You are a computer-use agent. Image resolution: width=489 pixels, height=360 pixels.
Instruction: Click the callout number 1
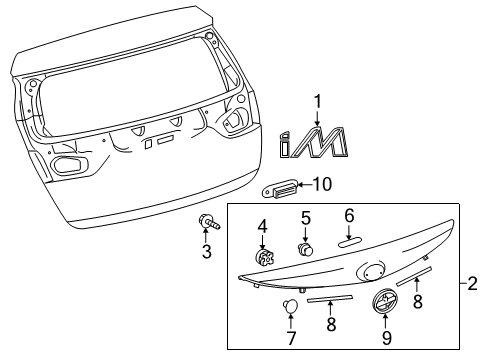pos(318,102)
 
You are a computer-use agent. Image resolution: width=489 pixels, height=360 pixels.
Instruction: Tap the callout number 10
pos(322,184)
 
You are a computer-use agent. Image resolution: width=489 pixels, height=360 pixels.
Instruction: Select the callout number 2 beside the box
pos(473,284)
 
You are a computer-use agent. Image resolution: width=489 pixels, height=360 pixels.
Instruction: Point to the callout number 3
pos(207,252)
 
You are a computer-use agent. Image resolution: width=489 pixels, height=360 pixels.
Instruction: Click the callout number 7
pos(291,338)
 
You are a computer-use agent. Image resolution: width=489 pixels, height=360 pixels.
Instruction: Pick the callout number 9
pos(386,338)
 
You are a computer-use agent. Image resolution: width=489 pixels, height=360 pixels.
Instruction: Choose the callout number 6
pos(349,216)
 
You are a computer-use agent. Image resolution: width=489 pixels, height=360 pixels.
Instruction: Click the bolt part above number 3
pos(209,222)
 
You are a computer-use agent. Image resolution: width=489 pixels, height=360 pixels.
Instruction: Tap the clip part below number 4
pos(264,257)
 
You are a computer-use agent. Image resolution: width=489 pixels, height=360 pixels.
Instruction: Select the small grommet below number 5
pos(306,249)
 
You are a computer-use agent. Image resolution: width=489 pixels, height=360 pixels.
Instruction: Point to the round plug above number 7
pos(290,306)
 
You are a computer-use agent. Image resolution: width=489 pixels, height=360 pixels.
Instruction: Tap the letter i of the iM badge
pos(284,144)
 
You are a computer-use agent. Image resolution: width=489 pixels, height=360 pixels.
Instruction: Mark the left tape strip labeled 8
pos(330,298)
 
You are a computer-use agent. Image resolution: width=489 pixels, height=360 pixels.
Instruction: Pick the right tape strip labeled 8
pos(414,276)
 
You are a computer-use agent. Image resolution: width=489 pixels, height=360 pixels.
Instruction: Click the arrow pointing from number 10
pos(304,184)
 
